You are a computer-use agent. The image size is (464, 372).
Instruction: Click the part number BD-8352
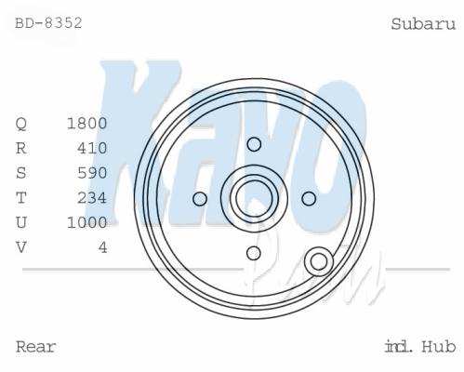click(48, 23)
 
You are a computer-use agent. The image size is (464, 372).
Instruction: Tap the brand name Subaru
click(423, 24)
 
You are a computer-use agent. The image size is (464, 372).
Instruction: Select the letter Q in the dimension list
click(21, 124)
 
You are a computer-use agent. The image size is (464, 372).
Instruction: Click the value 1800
click(87, 124)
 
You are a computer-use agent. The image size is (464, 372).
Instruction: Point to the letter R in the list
click(21, 148)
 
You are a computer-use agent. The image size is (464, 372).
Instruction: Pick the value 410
click(92, 148)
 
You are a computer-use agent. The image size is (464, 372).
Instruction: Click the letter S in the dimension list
click(21, 173)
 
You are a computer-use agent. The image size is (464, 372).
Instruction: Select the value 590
click(92, 173)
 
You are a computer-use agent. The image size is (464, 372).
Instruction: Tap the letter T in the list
click(21, 198)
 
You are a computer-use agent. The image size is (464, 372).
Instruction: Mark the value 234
click(92, 198)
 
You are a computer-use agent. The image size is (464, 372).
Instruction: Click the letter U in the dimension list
click(21, 222)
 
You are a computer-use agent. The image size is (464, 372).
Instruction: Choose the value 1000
click(87, 222)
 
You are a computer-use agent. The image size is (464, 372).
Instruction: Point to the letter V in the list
click(21, 247)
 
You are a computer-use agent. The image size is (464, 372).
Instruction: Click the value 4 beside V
click(103, 247)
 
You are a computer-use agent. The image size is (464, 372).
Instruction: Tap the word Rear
click(36, 347)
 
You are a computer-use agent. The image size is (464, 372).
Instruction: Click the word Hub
click(439, 347)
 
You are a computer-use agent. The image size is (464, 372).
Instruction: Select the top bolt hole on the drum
click(254, 144)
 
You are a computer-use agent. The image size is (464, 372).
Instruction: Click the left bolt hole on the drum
click(200, 199)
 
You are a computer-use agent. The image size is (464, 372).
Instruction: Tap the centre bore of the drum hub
click(254, 199)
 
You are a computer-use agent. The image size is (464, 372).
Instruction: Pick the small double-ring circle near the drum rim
click(319, 261)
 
